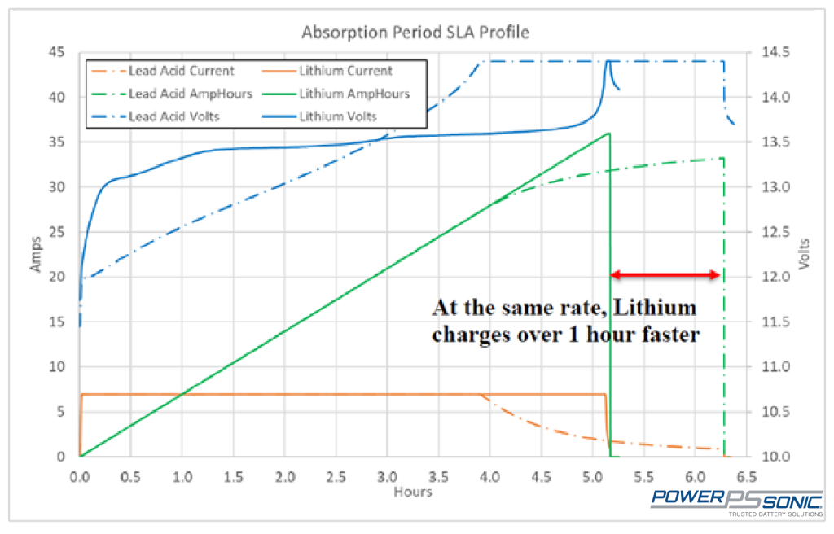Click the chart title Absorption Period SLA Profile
pyautogui.click(x=415, y=33)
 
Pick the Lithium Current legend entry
pyautogui.click(x=345, y=71)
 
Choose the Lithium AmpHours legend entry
pyautogui.click(x=354, y=94)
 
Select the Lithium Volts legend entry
pyautogui.click(x=338, y=116)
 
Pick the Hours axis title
pyautogui.click(x=412, y=492)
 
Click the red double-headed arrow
pyautogui.click(x=665, y=275)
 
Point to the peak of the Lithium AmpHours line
pyautogui.click(x=608, y=133)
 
